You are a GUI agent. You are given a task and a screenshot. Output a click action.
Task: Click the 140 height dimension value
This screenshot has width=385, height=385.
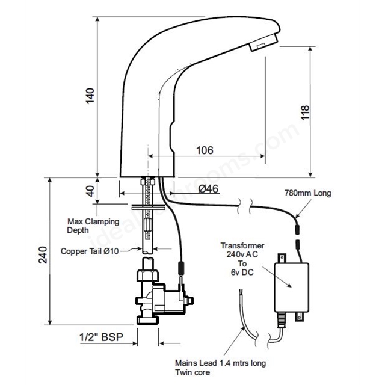[x=90, y=96]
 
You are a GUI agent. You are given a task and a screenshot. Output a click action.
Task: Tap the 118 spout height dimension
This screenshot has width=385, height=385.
[x=305, y=112]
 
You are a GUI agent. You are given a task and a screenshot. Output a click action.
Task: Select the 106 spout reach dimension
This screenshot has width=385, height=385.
[x=205, y=150]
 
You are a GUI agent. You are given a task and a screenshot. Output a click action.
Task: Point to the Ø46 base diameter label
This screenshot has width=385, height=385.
[x=208, y=188]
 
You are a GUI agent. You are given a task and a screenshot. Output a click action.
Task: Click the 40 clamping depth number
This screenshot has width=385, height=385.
[x=91, y=191]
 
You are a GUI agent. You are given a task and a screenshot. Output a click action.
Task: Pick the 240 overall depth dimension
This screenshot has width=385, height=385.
[x=43, y=255]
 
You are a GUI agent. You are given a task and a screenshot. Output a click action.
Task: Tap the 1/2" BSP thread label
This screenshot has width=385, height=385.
[x=101, y=337]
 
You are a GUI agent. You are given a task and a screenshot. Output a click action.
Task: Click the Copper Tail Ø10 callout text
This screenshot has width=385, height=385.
[x=90, y=251]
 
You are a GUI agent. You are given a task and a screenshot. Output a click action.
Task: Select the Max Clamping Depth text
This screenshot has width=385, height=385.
[x=93, y=226]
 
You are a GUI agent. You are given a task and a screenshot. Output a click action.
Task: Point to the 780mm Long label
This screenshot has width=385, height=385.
[x=308, y=193]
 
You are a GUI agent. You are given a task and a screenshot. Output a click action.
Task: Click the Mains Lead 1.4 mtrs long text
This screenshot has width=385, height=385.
[x=221, y=363]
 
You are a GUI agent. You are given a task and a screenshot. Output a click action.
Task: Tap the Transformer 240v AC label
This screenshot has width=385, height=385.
[x=242, y=250]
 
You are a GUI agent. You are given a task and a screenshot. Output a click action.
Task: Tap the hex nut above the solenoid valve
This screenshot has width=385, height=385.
[x=147, y=275]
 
